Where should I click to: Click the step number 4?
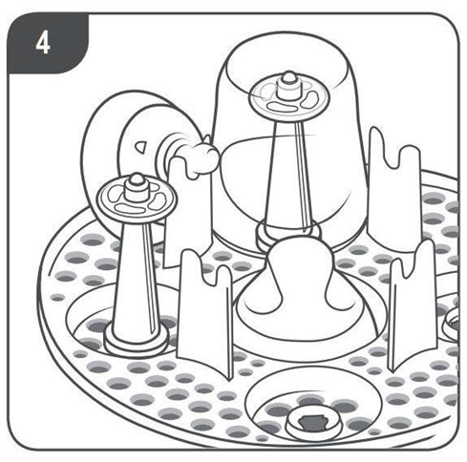point(43,43)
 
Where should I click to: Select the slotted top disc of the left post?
point(137,199)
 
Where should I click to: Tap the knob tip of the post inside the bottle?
point(288,77)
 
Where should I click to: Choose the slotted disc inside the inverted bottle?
point(284,99)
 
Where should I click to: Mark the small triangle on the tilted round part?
point(139,146)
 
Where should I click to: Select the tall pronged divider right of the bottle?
point(394,191)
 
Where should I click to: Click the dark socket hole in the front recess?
point(313,422)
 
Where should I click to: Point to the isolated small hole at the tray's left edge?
point(57,298)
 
